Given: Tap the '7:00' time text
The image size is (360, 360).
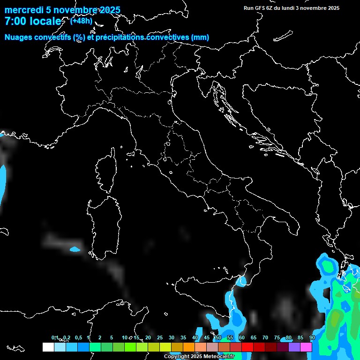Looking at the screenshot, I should pyautogui.click(x=15, y=21).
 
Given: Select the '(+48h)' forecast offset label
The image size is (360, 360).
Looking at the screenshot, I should pyautogui.click(x=81, y=20).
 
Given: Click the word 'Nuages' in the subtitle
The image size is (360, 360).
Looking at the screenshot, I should pyautogui.click(x=18, y=37).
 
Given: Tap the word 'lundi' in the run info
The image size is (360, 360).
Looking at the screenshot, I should pyautogui.click(x=282, y=8).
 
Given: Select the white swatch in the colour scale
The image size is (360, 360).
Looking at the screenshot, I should pyautogui.click(x=48, y=347).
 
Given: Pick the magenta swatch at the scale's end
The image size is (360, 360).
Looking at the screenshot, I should pyautogui.click(x=306, y=347).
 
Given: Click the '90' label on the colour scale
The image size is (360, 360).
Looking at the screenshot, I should pyautogui.click(x=312, y=337).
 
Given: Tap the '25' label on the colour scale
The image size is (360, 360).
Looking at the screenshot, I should pyautogui.click(x=160, y=337).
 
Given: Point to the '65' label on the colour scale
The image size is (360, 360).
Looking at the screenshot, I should pyautogui.click(x=254, y=337).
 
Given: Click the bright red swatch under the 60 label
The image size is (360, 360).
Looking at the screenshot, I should pyautogui.click(x=247, y=347).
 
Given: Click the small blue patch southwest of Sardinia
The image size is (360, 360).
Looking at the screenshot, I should pyautogui.click(x=75, y=249).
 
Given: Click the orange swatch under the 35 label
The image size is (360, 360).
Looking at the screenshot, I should pyautogui.click(x=189, y=347).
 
